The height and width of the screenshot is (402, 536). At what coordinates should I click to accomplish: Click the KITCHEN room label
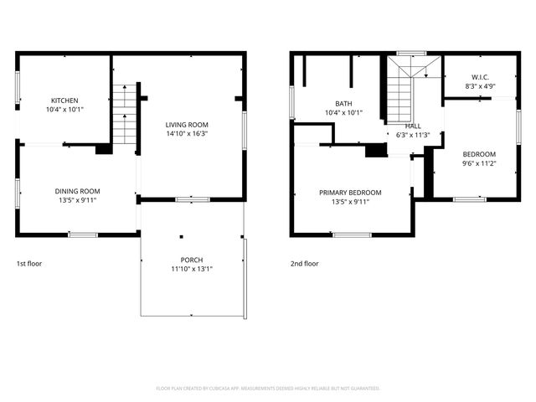point(64,100)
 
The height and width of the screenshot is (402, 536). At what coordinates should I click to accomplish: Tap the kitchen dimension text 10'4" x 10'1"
point(64,110)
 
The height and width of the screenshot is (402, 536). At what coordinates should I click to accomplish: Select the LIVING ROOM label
point(186,124)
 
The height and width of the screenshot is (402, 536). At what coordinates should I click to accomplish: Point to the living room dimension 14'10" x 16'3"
point(186,133)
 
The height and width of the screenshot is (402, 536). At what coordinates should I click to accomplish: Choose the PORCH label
point(192,260)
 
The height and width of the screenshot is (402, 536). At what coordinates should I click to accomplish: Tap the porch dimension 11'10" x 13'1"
point(192,269)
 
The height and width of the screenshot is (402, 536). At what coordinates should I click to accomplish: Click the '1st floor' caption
point(29,264)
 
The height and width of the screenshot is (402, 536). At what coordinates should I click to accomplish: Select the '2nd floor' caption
point(305,264)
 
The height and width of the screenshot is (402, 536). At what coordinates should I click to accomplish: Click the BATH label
point(343,104)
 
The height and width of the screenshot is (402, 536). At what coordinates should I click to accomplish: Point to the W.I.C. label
point(480,77)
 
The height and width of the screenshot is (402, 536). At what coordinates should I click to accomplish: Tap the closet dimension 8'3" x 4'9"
point(480,86)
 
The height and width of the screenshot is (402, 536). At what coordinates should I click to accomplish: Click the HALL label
point(413,126)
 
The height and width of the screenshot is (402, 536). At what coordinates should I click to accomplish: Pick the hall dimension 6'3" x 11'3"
point(413,135)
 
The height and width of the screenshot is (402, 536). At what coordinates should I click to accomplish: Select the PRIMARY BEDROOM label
point(350,192)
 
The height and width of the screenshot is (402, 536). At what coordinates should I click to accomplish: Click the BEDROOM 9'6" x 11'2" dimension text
point(479,164)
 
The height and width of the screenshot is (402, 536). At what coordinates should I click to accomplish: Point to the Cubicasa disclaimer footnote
point(268,389)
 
